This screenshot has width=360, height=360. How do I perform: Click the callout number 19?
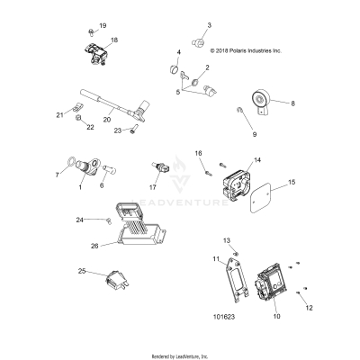pyautogui.click(x=102, y=25)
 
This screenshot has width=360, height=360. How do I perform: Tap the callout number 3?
pyautogui.click(x=210, y=25)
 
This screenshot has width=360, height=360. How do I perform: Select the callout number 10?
pyautogui.click(x=275, y=318)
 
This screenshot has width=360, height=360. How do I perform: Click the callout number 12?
pyautogui.click(x=310, y=307)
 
